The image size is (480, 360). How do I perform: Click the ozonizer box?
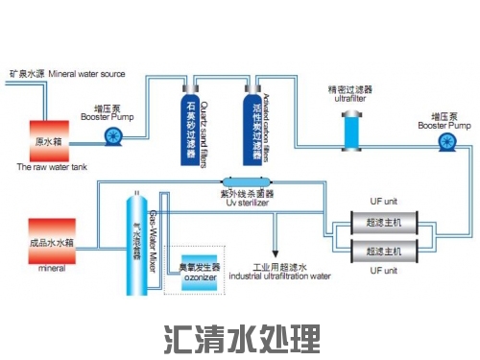click(x=200, y=271)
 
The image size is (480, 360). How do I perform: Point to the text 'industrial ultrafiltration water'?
click(x=278, y=276)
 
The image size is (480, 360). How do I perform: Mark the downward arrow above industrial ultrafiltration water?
click(x=276, y=251)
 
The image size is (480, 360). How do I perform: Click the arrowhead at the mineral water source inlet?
click(x=7, y=86)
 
